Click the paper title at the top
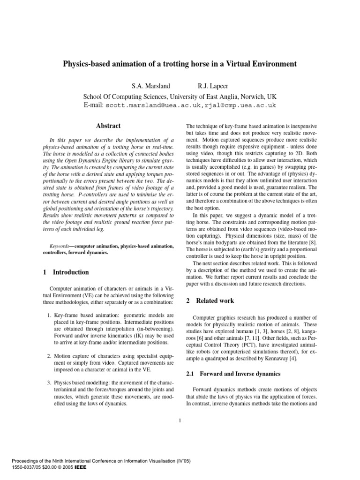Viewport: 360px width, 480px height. (180, 64)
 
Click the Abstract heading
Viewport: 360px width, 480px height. (108, 126)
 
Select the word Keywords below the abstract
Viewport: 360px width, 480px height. (61, 246)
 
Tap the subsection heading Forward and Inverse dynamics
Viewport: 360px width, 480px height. (240, 374)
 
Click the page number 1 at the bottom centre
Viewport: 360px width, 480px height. (180, 420)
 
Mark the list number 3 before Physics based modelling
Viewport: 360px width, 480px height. (49, 382)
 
